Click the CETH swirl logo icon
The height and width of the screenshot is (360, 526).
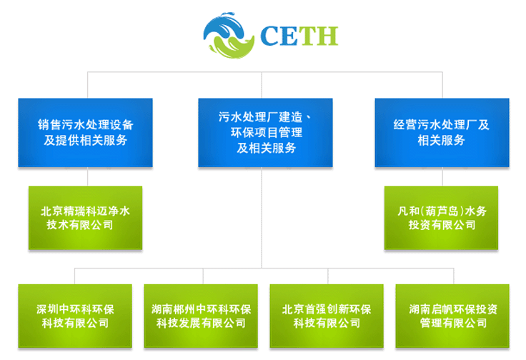point(229,35)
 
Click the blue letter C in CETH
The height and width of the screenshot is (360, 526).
point(270,36)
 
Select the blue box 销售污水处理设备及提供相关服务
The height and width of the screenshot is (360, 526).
point(85,133)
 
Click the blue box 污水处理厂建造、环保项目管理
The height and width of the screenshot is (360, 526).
point(265,133)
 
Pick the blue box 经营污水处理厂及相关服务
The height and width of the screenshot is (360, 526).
point(442,133)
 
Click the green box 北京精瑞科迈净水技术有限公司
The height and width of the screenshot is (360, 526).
point(85,218)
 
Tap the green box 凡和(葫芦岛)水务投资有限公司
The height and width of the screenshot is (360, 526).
point(441,218)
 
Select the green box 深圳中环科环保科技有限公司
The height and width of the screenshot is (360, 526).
point(75,316)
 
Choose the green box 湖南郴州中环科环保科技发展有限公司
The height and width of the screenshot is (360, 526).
point(201,316)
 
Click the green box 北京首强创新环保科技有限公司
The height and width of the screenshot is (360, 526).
point(327,316)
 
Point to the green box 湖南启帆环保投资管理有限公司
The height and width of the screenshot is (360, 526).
point(452,316)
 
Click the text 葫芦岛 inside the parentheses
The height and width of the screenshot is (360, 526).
point(442,211)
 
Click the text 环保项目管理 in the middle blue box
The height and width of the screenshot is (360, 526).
point(267,132)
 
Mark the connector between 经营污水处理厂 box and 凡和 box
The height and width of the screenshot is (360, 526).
point(442,176)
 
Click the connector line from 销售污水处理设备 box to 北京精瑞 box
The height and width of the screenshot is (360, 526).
point(88,176)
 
